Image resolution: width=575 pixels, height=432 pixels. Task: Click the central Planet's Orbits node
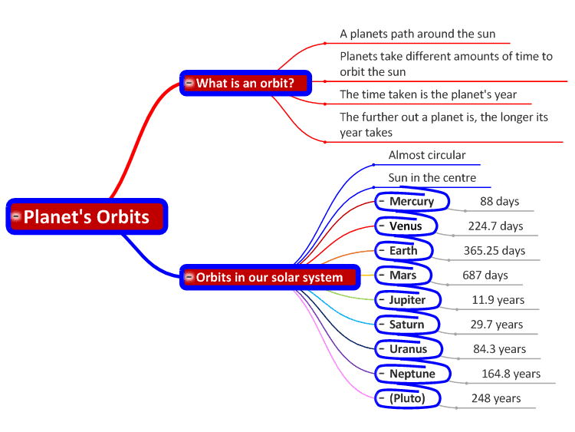click(87, 216)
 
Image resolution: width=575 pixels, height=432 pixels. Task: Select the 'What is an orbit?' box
click(245, 84)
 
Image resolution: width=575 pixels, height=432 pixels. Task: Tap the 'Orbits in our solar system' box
click(270, 277)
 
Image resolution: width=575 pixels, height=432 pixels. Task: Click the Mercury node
click(412, 200)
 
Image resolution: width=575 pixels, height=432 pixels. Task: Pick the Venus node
click(406, 226)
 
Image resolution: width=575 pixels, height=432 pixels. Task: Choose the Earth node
click(404, 250)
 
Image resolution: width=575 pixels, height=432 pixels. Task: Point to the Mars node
click(403, 275)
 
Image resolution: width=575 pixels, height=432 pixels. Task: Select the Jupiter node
click(407, 299)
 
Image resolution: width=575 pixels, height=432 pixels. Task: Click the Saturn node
click(406, 324)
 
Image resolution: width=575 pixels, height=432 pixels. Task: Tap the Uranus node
click(409, 348)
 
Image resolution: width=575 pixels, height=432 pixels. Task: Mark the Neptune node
click(412, 373)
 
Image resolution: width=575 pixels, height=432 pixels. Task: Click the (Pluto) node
click(407, 398)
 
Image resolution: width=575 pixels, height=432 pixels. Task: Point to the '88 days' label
click(499, 201)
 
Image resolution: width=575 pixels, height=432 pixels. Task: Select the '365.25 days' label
click(495, 250)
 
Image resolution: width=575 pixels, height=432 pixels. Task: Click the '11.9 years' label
click(498, 299)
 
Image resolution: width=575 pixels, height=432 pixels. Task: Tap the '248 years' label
click(496, 398)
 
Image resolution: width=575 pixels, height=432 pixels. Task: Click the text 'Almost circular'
click(427, 155)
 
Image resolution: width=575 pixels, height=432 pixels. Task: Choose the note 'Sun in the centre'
click(432, 178)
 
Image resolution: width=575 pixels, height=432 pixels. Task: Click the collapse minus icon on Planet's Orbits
click(16, 216)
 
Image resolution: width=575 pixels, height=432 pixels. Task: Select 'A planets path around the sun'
click(417, 34)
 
